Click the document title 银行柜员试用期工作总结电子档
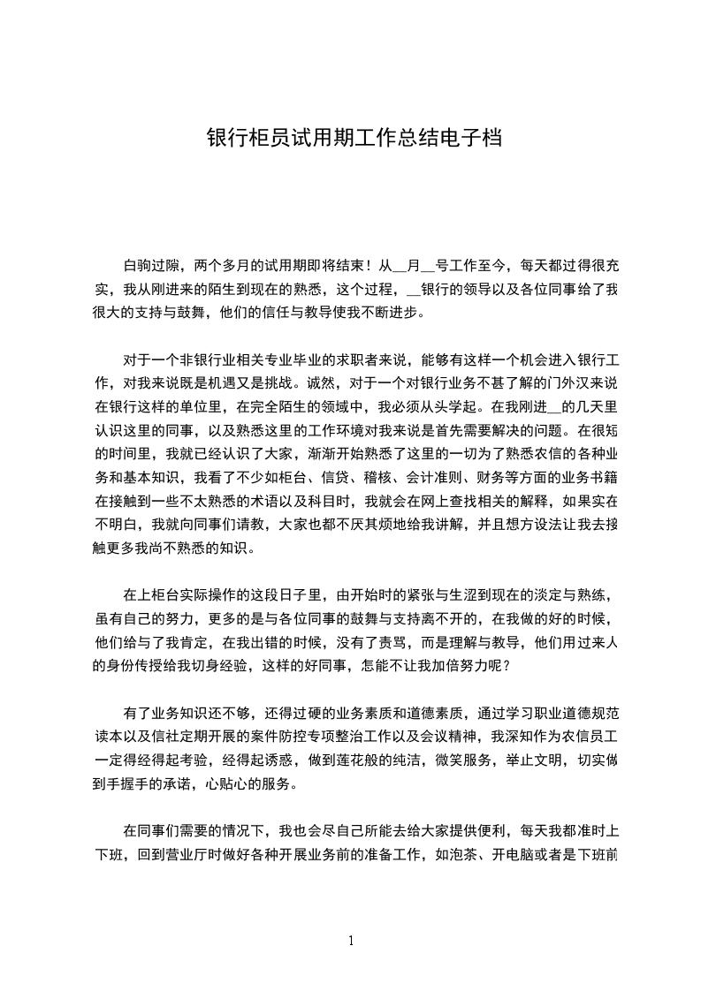[354, 139]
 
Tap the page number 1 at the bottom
[351, 940]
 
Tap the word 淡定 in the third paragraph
[523, 594]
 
